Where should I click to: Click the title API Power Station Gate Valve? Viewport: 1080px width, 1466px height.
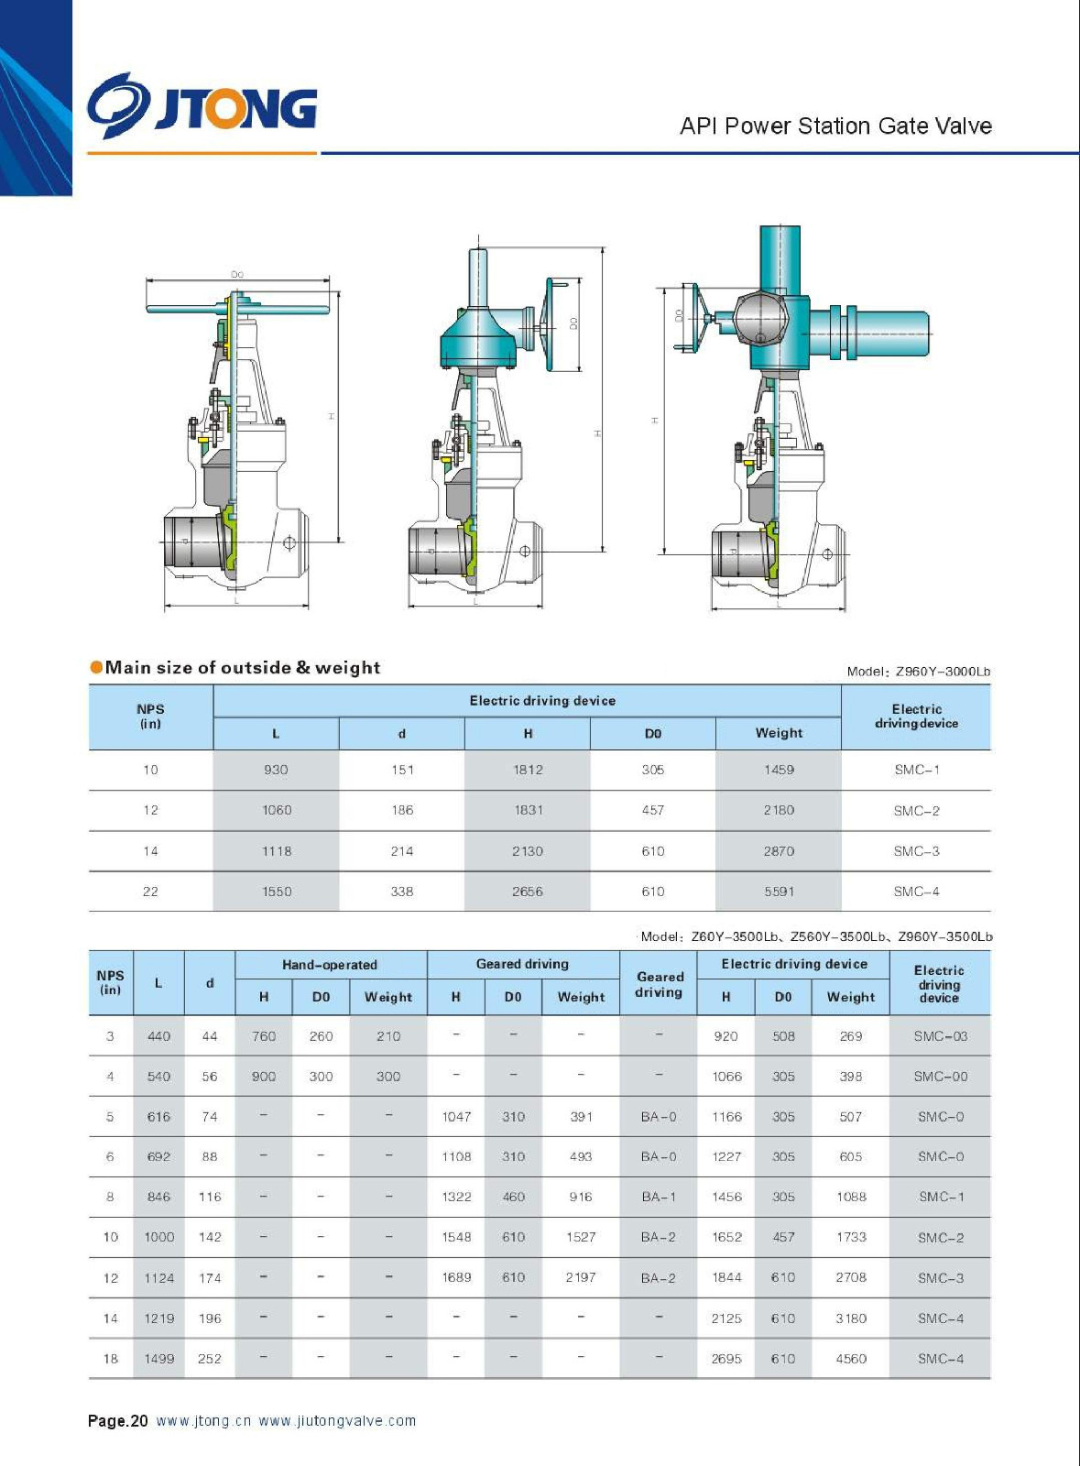(x=835, y=126)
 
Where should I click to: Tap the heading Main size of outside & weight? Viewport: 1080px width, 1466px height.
(x=242, y=668)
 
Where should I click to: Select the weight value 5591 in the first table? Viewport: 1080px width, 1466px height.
(x=779, y=892)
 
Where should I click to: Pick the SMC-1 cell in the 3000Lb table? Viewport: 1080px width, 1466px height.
(x=916, y=770)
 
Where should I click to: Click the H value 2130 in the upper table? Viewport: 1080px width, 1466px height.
(x=528, y=851)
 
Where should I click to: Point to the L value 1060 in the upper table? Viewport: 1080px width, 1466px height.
(x=277, y=810)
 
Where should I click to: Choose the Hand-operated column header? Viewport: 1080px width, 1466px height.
(x=330, y=965)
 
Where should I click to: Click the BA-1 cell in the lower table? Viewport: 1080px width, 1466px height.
(x=659, y=1197)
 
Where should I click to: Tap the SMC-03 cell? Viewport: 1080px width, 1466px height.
(x=940, y=1036)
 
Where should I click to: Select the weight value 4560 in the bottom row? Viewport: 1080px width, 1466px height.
(x=851, y=1359)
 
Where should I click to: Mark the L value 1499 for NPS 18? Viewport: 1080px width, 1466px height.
(x=158, y=1359)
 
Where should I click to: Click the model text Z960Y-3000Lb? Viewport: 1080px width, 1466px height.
(x=943, y=672)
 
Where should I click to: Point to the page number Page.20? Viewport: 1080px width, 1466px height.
(x=117, y=1421)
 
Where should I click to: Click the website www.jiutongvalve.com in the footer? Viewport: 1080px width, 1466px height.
(x=337, y=1421)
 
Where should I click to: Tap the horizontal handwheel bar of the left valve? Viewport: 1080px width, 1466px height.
(x=238, y=310)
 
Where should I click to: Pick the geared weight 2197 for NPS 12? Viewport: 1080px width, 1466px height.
(x=581, y=1277)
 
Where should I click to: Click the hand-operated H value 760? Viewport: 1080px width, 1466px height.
(x=264, y=1036)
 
